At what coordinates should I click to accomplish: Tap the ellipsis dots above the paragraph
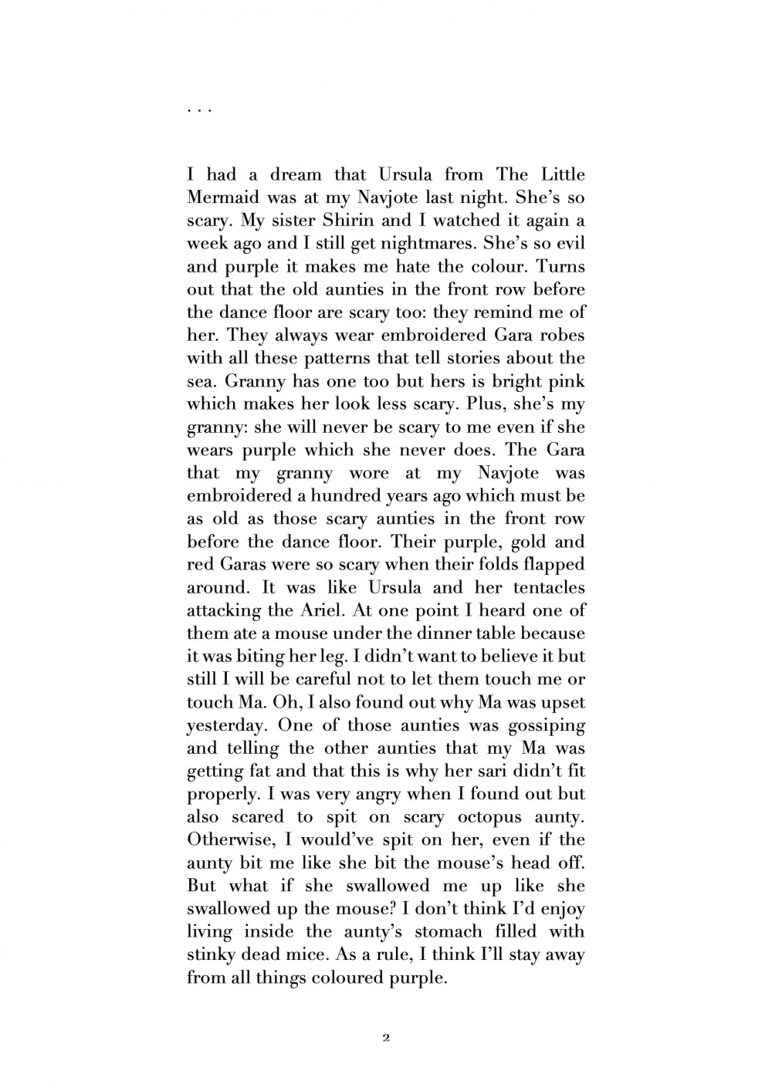tap(199, 111)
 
